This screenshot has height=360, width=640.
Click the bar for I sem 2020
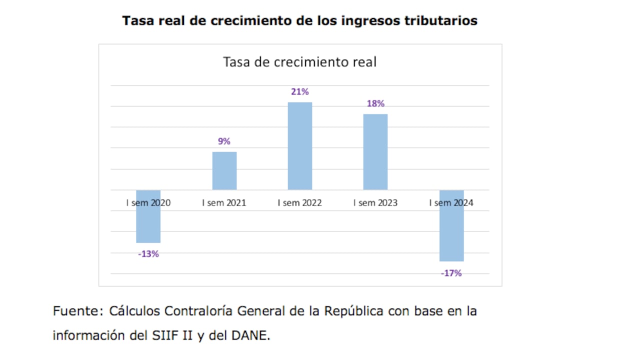(x=148, y=222)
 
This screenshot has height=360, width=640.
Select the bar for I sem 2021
(x=224, y=170)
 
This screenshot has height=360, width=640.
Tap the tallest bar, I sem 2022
(x=299, y=146)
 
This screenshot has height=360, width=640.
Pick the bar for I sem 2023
(x=375, y=151)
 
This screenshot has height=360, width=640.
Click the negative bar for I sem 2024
(x=451, y=232)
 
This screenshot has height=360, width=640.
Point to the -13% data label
(x=148, y=254)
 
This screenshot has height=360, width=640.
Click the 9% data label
(x=224, y=141)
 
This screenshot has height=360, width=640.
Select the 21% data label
(x=300, y=92)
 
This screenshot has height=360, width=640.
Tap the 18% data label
(x=375, y=104)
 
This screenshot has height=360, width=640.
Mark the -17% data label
(x=451, y=273)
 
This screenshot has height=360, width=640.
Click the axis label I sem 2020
(x=148, y=203)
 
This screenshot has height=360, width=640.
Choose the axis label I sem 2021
(x=224, y=203)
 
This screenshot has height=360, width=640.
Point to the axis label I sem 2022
(x=300, y=203)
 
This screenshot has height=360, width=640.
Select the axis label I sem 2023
(x=375, y=203)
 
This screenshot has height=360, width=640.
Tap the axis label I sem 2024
(x=451, y=203)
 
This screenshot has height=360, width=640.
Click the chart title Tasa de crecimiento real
(x=299, y=62)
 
